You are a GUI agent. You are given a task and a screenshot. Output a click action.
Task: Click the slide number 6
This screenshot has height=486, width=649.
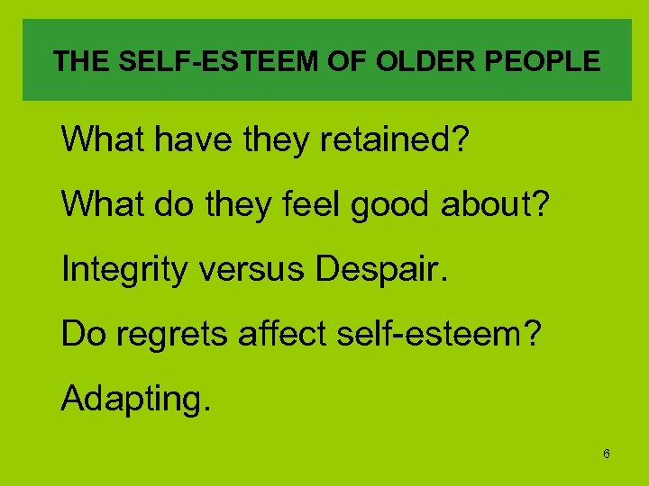click(x=607, y=454)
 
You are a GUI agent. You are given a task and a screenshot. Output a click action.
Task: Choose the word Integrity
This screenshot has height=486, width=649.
click(x=120, y=269)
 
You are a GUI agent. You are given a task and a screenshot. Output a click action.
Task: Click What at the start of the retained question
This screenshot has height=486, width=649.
click(x=97, y=139)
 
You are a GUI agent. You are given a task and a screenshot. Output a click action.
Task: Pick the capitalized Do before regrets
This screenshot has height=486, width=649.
click(x=81, y=334)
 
